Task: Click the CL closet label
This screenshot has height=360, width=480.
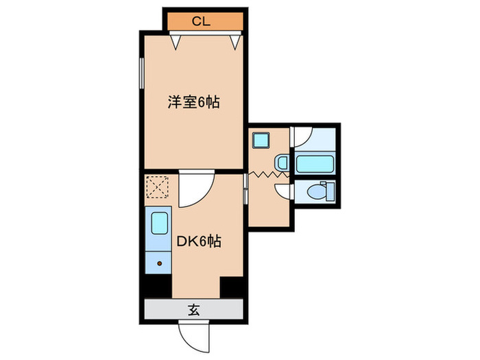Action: tap(200, 21)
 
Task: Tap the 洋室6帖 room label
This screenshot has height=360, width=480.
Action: tap(194, 103)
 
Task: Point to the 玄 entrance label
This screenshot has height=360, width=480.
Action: tap(194, 310)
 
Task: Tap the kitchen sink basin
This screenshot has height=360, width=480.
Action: tap(159, 224)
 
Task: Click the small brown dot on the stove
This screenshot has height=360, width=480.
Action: tap(159, 263)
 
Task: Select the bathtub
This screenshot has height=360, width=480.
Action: tap(314, 164)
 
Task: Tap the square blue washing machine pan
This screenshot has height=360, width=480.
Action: tap(261, 141)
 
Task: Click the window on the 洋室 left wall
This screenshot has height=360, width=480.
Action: tap(142, 77)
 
